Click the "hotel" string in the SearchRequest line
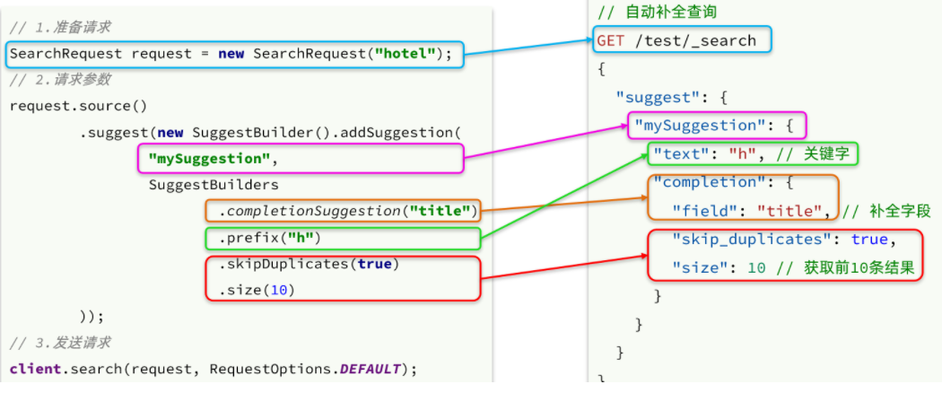pos(405,54)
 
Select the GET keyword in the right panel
pos(610,41)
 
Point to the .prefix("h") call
pos(270,239)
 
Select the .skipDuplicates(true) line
pos(309,265)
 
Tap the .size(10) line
pos(257,291)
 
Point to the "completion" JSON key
pos(700,182)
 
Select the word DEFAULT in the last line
pos(370,369)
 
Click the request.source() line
pos(78,107)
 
